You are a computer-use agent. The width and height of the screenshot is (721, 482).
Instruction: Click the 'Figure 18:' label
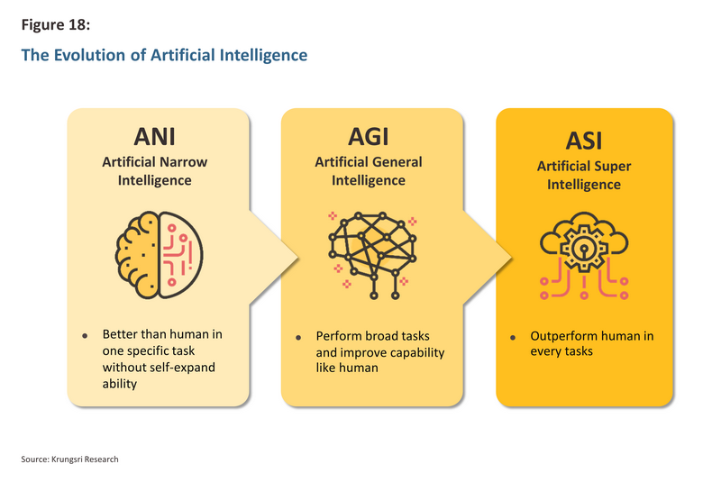56,25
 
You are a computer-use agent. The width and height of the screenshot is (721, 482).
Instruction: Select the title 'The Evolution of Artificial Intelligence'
164,55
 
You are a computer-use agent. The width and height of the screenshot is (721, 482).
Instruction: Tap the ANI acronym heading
154,136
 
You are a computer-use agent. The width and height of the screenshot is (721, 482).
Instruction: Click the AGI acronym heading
369,136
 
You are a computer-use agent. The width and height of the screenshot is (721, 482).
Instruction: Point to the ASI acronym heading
583,141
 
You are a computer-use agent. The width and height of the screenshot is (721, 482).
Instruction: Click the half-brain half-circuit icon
160,255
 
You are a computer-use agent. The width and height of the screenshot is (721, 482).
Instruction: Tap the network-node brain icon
372,256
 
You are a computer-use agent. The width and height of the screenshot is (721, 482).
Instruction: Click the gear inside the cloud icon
583,247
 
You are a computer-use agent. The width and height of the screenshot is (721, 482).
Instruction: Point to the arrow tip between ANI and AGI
298,258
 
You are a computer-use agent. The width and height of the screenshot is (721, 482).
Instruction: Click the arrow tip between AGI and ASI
512,258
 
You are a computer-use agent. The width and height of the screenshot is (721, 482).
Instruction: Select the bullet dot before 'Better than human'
85,336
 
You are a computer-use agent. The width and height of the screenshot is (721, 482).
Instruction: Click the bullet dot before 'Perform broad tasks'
298,338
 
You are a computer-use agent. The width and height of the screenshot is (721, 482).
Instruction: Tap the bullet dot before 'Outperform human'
513,338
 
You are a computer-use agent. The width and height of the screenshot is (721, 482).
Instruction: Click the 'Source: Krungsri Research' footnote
69,459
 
